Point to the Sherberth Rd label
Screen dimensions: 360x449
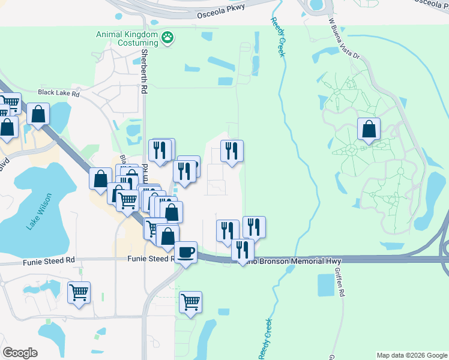coord(144,71)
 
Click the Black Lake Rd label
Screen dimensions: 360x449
coord(58,93)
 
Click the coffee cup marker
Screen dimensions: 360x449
coord(185,252)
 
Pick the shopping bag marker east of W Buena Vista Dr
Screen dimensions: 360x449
coord(369,129)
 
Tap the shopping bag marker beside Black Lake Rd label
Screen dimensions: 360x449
coord(38,114)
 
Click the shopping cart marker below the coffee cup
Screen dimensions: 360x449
coord(190,302)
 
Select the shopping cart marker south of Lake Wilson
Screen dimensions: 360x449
coord(79,292)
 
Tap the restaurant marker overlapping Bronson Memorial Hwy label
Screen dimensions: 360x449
coord(243,250)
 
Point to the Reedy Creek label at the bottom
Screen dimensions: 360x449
coord(264,340)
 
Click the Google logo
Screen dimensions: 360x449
coord(20,352)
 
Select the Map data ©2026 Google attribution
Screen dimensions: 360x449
coord(411,355)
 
